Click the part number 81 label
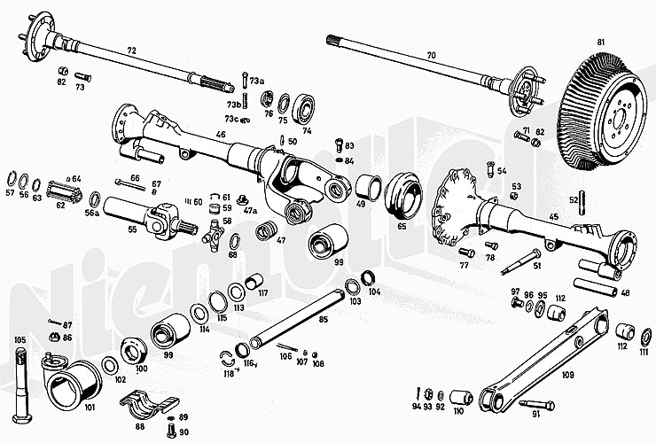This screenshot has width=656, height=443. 600,43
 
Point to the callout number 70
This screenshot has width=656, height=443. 432,56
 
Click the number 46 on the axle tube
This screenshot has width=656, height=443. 221,134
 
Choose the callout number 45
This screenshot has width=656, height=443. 553,217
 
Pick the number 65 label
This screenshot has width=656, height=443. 402,227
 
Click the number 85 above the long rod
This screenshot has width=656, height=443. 323,319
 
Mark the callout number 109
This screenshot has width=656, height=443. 567,375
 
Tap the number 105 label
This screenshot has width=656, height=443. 20,340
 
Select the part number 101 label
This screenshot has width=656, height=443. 90,408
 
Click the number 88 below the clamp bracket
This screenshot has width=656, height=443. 140,425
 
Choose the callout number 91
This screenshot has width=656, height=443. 535,414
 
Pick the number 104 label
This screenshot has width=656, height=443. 375,291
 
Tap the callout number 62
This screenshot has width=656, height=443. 60,206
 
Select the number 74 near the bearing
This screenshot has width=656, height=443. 308,130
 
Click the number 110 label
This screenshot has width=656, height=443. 457,411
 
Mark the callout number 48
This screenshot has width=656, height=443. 626,293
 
